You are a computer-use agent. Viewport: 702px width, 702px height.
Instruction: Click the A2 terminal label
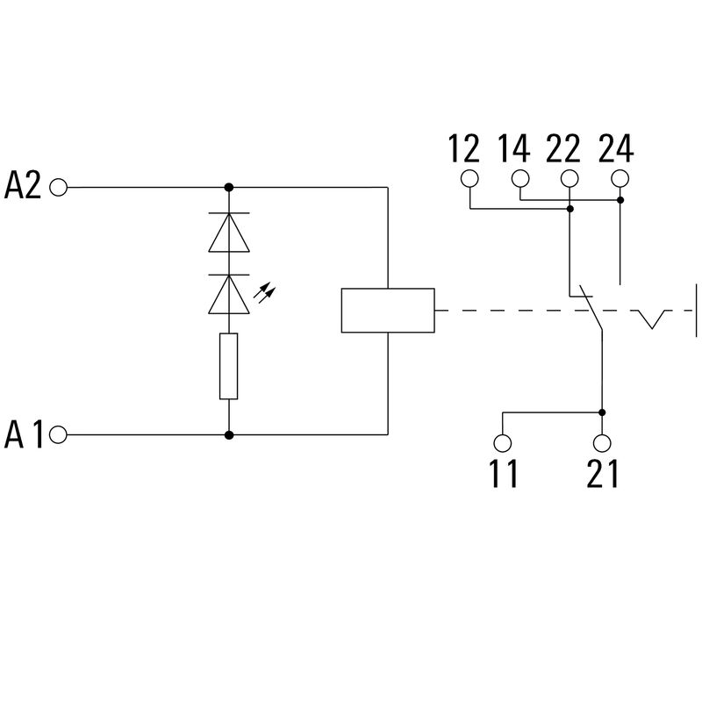coord(23,185)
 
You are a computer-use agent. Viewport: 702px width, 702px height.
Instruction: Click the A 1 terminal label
coord(24,433)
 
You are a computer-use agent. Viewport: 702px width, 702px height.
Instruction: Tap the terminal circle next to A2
coord(58,187)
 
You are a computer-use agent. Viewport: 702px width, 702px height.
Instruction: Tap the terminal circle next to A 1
coord(58,434)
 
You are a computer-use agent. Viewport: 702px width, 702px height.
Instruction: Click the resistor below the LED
coord(229,366)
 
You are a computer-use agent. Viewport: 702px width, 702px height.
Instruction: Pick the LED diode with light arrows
coord(229,294)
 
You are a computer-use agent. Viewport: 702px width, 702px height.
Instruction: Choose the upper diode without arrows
coord(229,233)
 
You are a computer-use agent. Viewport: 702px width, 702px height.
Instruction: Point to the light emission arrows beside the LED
coord(265,293)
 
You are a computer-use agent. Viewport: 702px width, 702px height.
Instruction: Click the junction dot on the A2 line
coord(229,187)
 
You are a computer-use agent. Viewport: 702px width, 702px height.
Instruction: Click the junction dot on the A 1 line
coord(229,434)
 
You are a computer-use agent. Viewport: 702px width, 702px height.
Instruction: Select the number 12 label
coord(464,148)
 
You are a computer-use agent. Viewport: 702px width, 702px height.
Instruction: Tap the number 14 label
coord(514,148)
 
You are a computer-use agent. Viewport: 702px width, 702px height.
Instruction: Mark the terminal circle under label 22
coord(569,178)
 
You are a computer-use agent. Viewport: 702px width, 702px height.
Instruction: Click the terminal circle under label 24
coord(620,178)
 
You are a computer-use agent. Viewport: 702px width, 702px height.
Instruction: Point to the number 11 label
coord(504,473)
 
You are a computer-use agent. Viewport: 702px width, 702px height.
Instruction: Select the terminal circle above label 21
coord(602,443)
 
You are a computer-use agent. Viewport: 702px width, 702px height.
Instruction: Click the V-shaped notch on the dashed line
coord(652,319)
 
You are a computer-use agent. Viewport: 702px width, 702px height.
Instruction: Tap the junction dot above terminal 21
coord(602,412)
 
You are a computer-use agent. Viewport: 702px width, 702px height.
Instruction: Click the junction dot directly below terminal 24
coord(620,200)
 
